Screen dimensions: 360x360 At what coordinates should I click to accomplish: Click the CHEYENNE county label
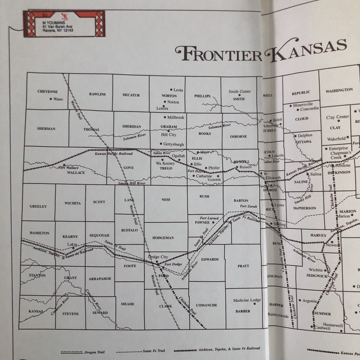tap(47, 91)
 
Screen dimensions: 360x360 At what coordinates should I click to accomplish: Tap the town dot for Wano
tap(51, 99)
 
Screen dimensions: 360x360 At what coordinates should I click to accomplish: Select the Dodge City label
tap(158, 257)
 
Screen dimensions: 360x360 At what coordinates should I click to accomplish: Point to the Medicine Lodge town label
tap(247, 300)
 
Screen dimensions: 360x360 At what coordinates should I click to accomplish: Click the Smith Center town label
tap(240, 91)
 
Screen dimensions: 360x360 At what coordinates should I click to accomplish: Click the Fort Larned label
tap(209, 218)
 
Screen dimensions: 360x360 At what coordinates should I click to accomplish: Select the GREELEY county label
tap(38, 206)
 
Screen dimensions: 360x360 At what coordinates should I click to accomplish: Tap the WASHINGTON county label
tap(339, 90)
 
